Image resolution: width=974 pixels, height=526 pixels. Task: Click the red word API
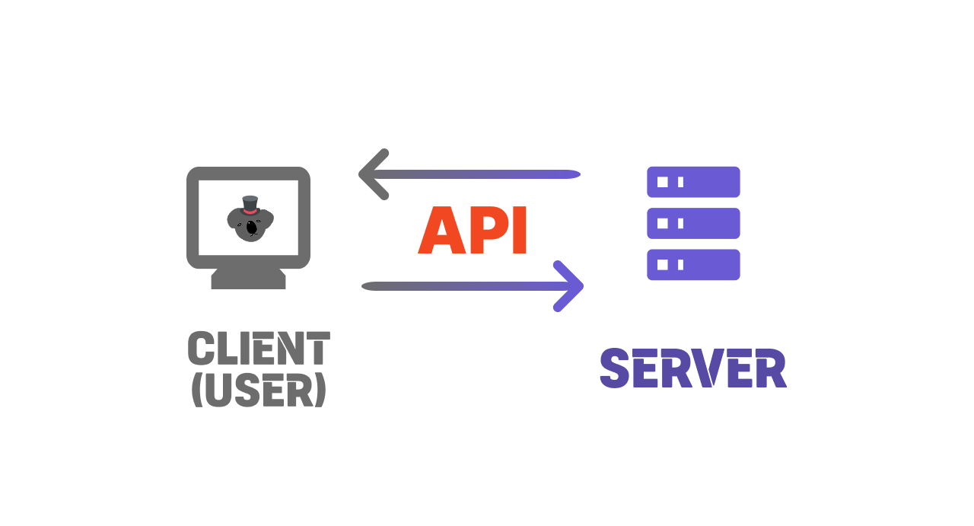point(473,231)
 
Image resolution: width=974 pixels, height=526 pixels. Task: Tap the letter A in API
point(441,231)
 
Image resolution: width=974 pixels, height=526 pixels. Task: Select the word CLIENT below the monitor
point(259,349)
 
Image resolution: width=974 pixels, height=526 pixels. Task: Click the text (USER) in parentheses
point(259,390)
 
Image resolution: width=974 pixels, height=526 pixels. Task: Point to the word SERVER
point(693,368)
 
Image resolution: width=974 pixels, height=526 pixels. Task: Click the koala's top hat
point(250,205)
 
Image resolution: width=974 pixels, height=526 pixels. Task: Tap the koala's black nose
point(252,226)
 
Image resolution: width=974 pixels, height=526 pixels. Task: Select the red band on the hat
point(250,211)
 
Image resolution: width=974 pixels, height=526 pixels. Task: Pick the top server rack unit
point(693,182)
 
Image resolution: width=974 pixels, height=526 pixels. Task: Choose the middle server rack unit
point(693,223)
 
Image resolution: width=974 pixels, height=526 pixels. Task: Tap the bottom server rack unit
point(693,264)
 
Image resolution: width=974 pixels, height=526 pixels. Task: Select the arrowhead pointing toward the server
point(571,286)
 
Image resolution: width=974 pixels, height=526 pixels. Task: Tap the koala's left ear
point(234,218)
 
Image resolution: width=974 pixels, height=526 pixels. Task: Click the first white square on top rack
point(662,182)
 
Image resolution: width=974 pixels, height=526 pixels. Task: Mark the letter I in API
point(520,231)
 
